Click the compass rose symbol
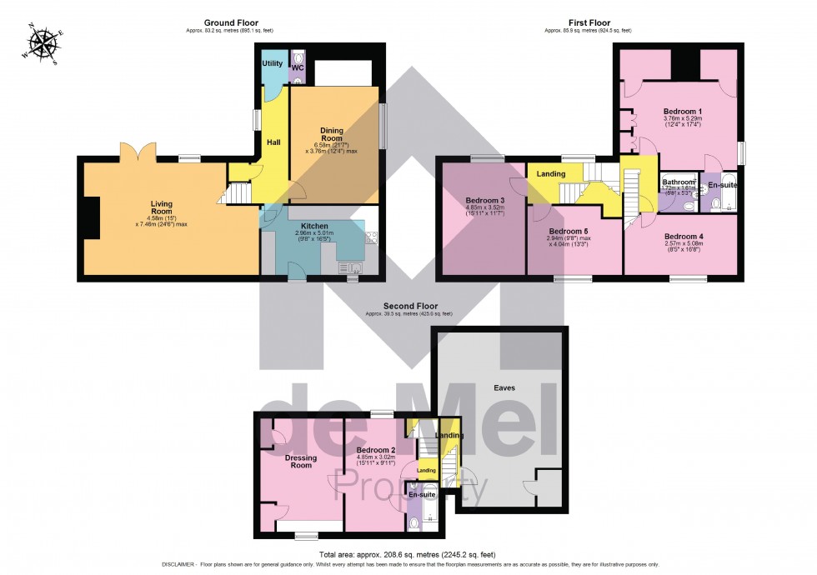[44, 46]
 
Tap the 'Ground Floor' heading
[231, 22]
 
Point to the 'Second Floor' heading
[408, 306]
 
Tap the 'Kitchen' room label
[313, 226]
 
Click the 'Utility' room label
[272, 63]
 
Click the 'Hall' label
[273, 142]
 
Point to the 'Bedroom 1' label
[682, 111]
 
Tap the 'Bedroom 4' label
[683, 237]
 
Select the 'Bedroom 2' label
[373, 449]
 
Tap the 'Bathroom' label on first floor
[679, 182]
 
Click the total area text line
[407, 554]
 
